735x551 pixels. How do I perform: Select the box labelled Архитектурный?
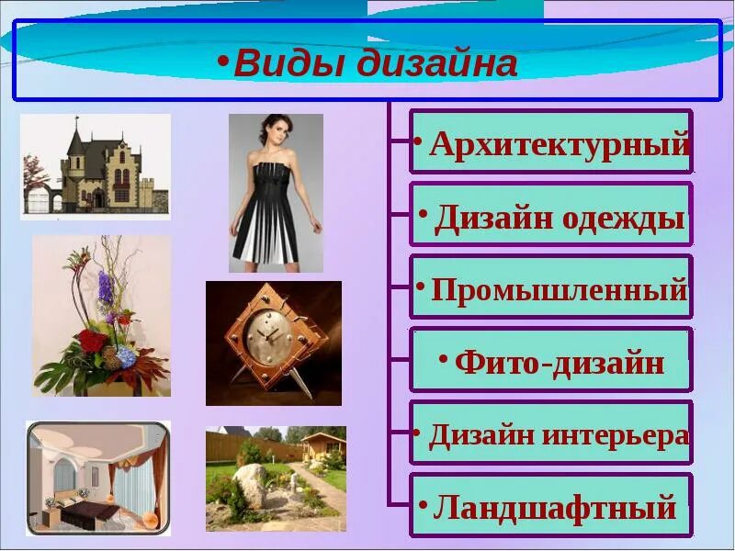coord(550,142)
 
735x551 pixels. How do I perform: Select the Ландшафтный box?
coord(550,506)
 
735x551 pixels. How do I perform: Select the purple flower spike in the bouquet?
coord(106,289)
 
